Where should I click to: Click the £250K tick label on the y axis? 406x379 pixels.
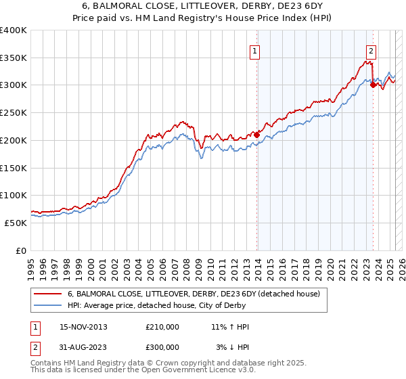tap(13, 112)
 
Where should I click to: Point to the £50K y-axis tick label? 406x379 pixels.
tap(16, 222)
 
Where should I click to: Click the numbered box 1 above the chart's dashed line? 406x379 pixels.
tap(255, 50)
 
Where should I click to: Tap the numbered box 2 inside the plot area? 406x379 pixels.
tap(371, 50)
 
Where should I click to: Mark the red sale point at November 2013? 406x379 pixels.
tap(256, 135)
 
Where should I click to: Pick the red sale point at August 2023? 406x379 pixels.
tap(374, 85)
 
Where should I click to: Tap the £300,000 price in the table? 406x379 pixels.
tap(162, 347)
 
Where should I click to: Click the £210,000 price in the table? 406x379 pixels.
tap(162, 327)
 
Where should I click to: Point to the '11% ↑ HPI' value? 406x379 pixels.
tap(230, 327)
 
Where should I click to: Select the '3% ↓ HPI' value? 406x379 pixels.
tap(232, 347)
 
